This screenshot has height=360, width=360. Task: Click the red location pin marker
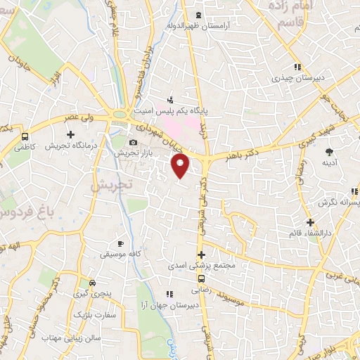tap(181, 166)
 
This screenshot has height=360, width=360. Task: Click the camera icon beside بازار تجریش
tap(133, 143)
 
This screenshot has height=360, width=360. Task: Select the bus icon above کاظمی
tap(25, 136)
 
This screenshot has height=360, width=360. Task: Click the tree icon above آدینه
tap(328, 151)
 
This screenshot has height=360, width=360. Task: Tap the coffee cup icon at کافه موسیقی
tap(120, 243)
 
